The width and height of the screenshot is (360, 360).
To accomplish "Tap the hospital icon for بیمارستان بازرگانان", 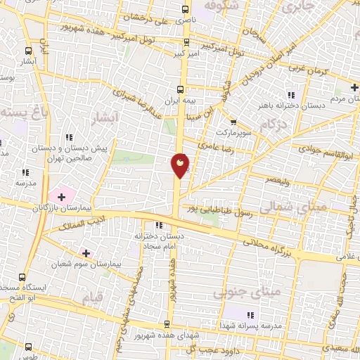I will click(60, 193).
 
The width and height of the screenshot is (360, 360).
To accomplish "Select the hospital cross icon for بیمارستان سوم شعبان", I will click(86, 252).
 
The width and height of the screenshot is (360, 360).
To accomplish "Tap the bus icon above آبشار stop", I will click(28, 51).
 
